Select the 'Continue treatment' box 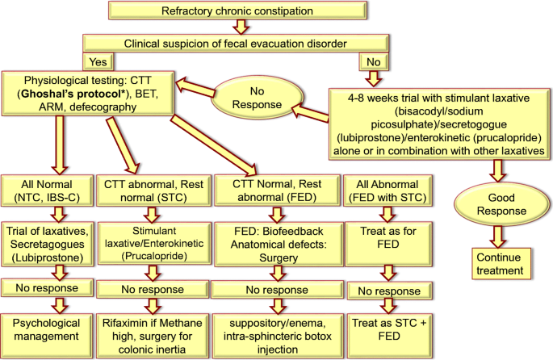pyautogui.click(x=497, y=263)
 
